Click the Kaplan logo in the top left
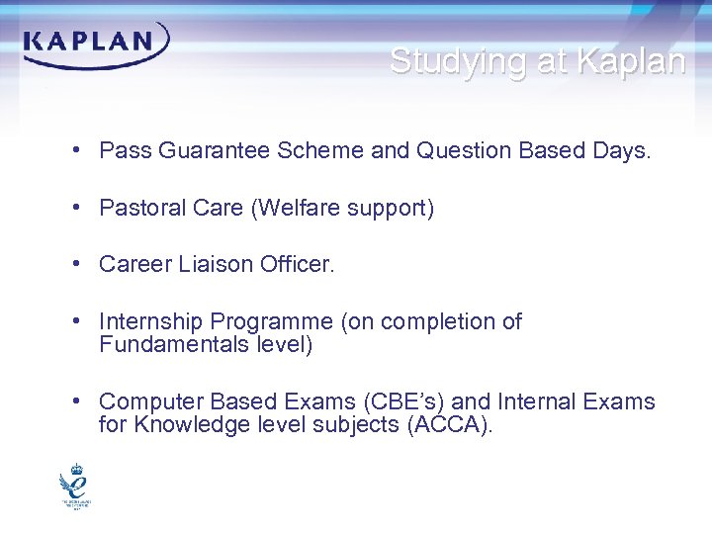tap(96, 44)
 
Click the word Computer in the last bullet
tap(144, 401)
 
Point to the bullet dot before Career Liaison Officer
tap(76, 265)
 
